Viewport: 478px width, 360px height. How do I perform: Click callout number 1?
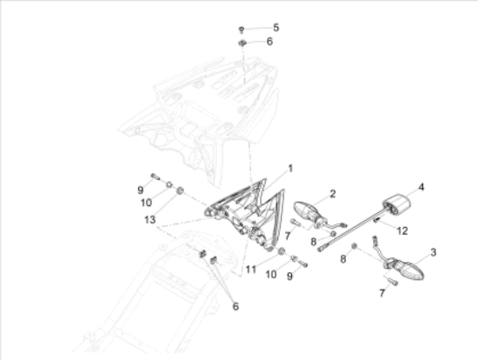click(290, 169)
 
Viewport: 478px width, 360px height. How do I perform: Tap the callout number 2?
click(333, 194)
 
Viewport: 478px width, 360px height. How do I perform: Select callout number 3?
click(433, 252)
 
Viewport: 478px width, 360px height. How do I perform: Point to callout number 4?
click(421, 187)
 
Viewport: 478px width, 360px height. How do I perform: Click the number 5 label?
click(276, 28)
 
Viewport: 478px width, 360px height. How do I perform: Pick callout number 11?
click(251, 270)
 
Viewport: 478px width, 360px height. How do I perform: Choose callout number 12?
click(402, 231)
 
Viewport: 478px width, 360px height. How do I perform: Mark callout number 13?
click(149, 220)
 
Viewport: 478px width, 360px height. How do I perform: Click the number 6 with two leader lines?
click(236, 306)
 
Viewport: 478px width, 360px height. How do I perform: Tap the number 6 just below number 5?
click(269, 42)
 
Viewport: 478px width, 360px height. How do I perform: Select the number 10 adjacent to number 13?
click(146, 203)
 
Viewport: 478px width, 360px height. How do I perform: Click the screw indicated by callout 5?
click(241, 30)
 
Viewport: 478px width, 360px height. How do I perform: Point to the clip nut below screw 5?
click(242, 43)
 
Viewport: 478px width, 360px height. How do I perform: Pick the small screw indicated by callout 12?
click(377, 220)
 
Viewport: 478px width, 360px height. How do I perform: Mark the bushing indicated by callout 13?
click(180, 191)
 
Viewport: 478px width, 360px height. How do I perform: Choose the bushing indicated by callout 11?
click(282, 251)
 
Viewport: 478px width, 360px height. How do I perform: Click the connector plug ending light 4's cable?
click(321, 250)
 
